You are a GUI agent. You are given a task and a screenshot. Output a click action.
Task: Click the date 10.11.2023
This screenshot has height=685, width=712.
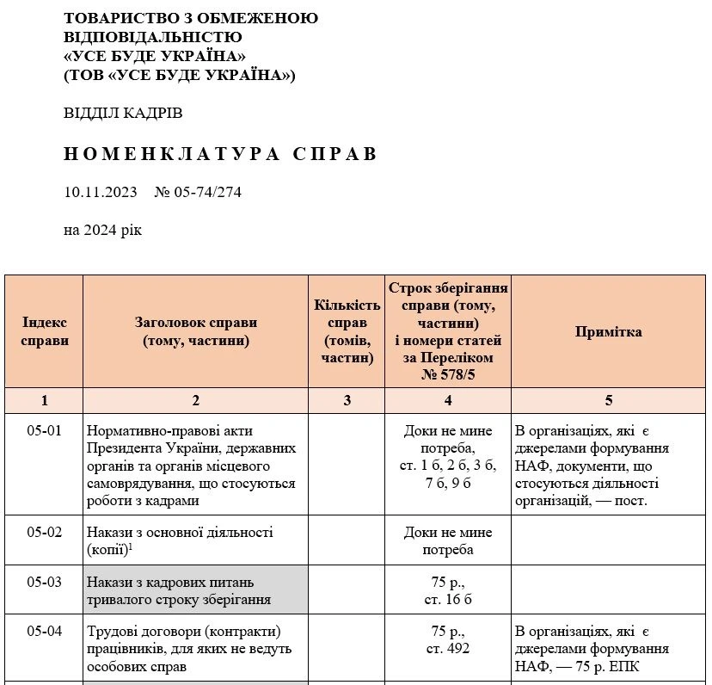pos(101,192)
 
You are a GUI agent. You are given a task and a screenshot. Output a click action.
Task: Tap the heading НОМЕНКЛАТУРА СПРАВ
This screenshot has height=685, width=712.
pos(220,154)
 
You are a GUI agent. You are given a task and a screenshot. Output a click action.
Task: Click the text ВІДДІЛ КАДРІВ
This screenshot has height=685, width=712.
pos(123,114)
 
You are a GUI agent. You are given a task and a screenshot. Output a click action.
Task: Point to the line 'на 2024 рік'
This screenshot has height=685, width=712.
pos(102,230)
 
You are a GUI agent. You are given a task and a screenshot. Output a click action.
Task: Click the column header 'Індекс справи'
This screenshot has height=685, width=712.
pos(44,331)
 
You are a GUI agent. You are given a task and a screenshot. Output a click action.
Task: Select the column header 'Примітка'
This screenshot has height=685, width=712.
pos(608,331)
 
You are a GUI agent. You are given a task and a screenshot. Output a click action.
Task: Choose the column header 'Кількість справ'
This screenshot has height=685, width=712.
pos(347,331)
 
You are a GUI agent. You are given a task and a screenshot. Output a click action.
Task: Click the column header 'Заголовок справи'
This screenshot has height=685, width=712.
pos(195,331)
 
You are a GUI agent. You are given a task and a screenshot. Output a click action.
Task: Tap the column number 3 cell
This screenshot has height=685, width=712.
pos(347,400)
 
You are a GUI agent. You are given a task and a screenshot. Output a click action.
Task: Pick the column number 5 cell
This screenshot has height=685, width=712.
pos(608,400)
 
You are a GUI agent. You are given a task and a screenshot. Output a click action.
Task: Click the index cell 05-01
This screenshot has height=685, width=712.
pos(44,430)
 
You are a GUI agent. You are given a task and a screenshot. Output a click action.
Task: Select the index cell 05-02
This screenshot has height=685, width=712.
pos(44,532)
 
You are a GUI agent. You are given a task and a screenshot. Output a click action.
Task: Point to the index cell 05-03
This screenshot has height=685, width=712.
pos(44,582)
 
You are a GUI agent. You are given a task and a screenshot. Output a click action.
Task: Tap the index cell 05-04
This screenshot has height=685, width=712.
pos(44,631)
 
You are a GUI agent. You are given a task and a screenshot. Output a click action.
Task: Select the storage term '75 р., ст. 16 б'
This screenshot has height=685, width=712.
pos(447,590)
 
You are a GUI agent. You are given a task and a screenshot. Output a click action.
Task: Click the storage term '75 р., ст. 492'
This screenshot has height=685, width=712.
pos(447,639)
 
